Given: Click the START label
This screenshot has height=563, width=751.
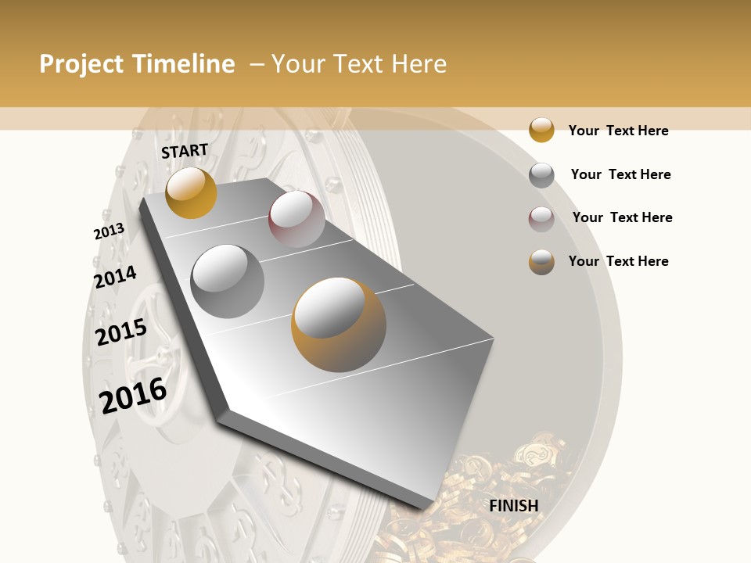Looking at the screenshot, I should (x=185, y=151).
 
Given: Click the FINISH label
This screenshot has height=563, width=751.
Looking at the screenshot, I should (x=514, y=506).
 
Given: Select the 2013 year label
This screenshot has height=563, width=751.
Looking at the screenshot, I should (x=109, y=231).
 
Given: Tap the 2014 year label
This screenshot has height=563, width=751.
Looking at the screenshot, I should (x=115, y=277).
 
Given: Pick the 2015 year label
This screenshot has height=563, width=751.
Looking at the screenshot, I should (x=121, y=332).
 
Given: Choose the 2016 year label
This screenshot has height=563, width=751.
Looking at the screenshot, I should (x=133, y=395).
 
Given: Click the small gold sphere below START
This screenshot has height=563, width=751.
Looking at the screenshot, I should (x=191, y=192).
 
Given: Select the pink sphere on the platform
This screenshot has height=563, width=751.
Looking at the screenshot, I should (x=296, y=219).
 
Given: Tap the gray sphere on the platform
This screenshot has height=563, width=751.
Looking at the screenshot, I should (x=228, y=281).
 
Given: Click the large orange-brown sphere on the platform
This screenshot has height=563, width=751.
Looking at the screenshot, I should (x=339, y=324).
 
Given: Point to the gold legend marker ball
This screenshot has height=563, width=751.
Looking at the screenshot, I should (x=541, y=130).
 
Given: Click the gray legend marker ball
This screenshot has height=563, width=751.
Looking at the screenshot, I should (x=541, y=174).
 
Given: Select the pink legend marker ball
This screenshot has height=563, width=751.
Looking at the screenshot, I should (x=541, y=218).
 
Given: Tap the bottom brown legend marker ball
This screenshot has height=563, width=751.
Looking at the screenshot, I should (x=541, y=261).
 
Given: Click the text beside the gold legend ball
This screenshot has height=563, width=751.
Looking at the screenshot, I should (x=618, y=131).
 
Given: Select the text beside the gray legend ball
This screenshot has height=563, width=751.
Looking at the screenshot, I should (x=620, y=174).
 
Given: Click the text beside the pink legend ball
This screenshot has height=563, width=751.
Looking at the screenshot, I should (x=622, y=217).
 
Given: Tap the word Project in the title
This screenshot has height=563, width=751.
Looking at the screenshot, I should (x=81, y=64).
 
